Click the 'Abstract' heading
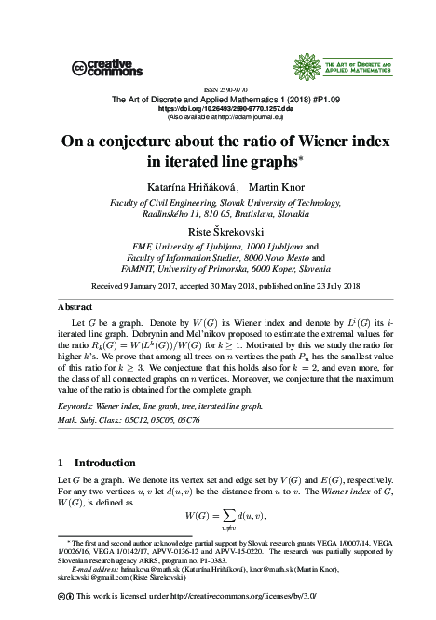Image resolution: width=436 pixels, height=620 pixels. point(75,305)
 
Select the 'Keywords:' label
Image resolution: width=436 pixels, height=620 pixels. point(76,406)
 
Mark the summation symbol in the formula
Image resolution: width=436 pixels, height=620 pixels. point(225,517)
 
